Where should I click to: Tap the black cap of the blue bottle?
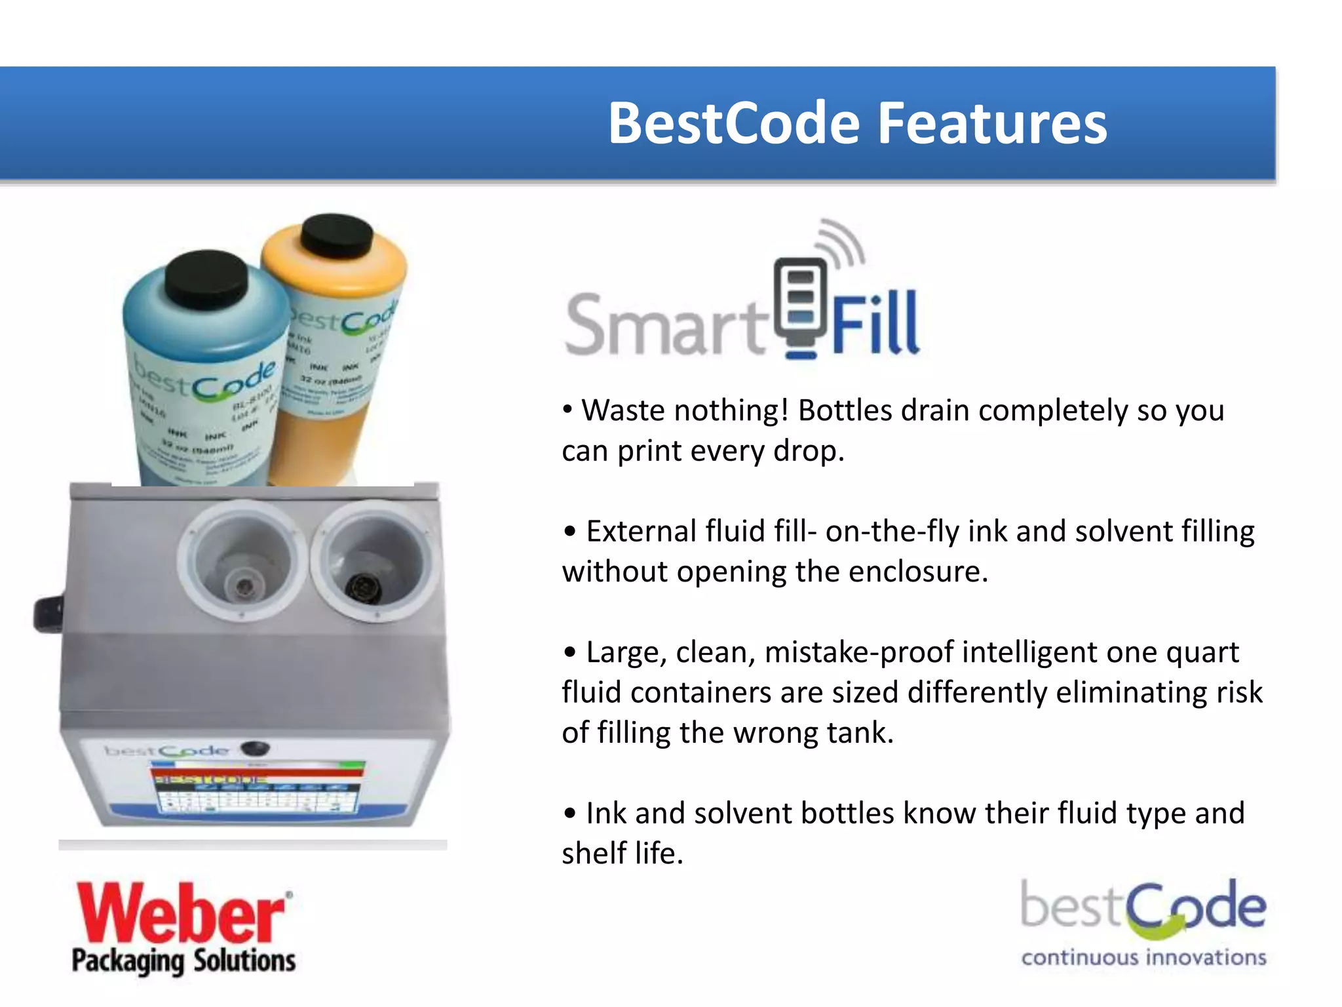point(206,282)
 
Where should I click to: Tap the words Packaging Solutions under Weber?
point(183,961)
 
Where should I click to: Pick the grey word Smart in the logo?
point(665,325)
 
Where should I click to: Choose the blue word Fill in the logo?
point(875,325)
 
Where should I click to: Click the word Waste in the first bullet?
point(623,411)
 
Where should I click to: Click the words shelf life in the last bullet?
point(622,854)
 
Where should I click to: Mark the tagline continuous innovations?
point(1143,958)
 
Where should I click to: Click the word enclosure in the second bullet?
point(918,572)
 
